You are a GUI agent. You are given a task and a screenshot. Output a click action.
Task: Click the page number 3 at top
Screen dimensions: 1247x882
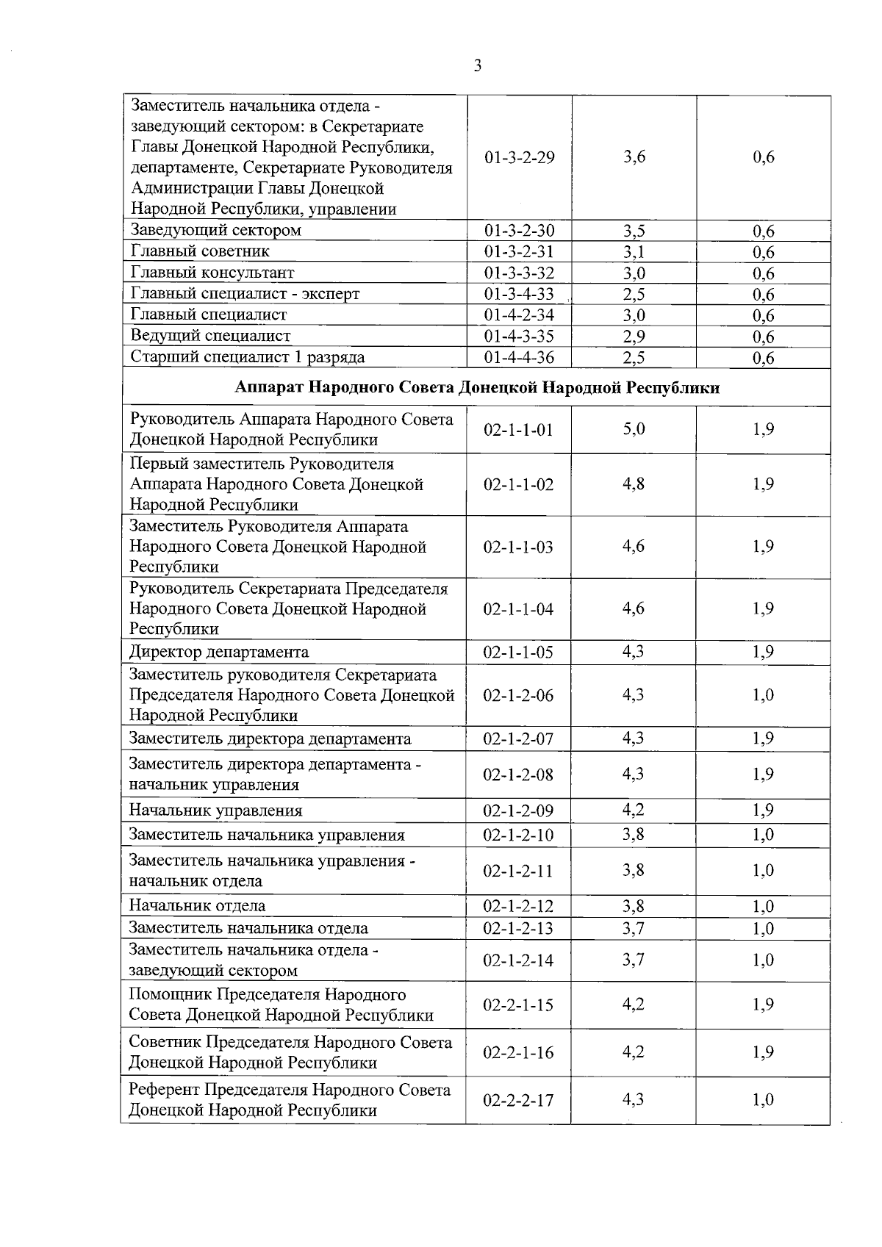tap(478, 66)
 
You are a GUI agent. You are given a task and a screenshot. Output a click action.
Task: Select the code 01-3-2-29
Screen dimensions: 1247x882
tap(520, 157)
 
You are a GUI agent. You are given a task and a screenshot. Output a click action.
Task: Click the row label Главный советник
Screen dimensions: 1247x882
tap(200, 251)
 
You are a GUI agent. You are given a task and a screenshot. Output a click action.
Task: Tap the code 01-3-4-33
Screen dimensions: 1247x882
tap(519, 294)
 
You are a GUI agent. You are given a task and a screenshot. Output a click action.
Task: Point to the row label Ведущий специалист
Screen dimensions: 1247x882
tap(210, 336)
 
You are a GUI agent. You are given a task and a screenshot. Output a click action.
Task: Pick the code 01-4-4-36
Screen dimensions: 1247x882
tap(519, 358)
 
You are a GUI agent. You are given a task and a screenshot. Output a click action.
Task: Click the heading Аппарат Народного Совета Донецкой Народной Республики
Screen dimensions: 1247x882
tap(477, 388)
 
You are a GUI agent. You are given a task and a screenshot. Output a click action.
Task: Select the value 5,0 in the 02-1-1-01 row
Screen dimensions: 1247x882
tap(634, 429)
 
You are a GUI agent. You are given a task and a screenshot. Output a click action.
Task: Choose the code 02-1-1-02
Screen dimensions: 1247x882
tap(518, 485)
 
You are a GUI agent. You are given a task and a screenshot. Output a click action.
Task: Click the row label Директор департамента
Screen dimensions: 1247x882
tap(219, 653)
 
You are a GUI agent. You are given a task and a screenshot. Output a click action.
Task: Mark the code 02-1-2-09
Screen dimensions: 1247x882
tap(518, 811)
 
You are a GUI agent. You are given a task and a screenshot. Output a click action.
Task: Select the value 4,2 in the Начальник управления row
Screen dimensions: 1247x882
tap(634, 811)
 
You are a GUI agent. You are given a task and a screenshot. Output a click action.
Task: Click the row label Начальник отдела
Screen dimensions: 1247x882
tap(198, 906)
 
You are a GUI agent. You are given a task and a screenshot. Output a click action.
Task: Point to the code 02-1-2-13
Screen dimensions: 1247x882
tap(518, 929)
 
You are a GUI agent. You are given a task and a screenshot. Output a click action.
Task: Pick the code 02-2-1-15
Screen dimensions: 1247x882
tap(518, 1005)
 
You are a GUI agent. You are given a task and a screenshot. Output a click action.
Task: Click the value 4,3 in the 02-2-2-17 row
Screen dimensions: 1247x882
tap(634, 1100)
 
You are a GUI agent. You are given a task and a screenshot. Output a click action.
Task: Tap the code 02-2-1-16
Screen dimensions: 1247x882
tap(518, 1053)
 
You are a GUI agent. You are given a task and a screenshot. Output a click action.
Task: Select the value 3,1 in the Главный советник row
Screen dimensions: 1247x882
tap(634, 252)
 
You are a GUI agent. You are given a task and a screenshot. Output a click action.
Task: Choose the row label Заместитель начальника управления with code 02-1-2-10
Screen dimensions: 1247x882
tap(267, 835)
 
